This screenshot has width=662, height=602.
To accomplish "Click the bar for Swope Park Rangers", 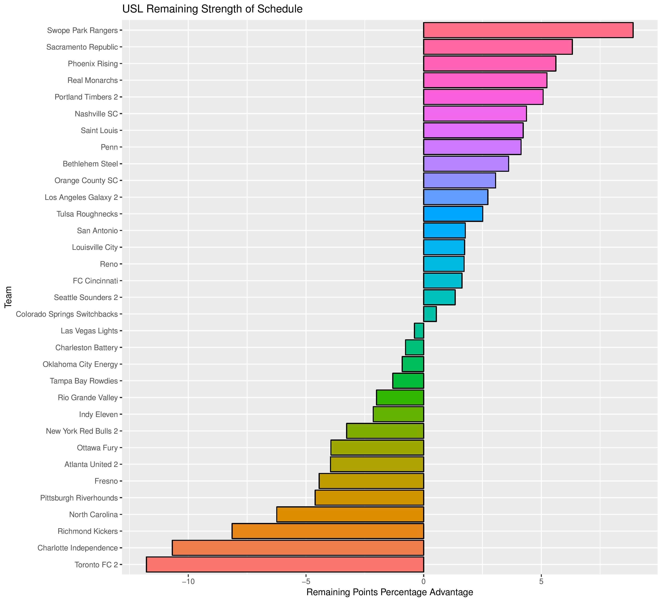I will [528, 30].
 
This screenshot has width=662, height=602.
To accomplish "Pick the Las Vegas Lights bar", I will [419, 331].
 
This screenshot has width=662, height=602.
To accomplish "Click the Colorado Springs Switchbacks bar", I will [430, 314].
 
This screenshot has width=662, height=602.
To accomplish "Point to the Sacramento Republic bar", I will [498, 47].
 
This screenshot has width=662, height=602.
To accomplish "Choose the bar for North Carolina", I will [350, 514].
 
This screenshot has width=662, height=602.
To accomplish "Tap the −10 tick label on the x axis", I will [188, 582].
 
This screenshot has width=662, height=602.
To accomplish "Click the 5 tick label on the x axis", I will [541, 582].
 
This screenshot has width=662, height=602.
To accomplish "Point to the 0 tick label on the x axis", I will [424, 582].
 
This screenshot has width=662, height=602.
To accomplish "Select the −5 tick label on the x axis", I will [306, 582].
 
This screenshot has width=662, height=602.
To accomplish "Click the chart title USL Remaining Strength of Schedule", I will [212, 9].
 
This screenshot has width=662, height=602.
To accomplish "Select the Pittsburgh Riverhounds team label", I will [79, 498].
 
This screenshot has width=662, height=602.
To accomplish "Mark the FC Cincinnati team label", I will [95, 281].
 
